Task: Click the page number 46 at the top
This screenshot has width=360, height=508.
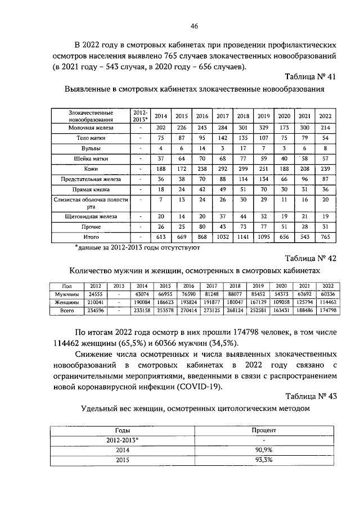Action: point(194,26)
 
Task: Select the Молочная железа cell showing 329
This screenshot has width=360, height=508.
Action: point(263,128)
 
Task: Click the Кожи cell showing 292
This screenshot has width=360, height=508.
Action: point(222,169)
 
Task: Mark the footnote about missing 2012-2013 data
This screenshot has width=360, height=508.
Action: point(133,247)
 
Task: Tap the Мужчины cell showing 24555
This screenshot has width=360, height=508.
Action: point(96,294)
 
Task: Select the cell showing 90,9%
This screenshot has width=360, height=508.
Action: point(264,451)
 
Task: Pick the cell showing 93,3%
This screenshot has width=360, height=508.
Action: point(264,460)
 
